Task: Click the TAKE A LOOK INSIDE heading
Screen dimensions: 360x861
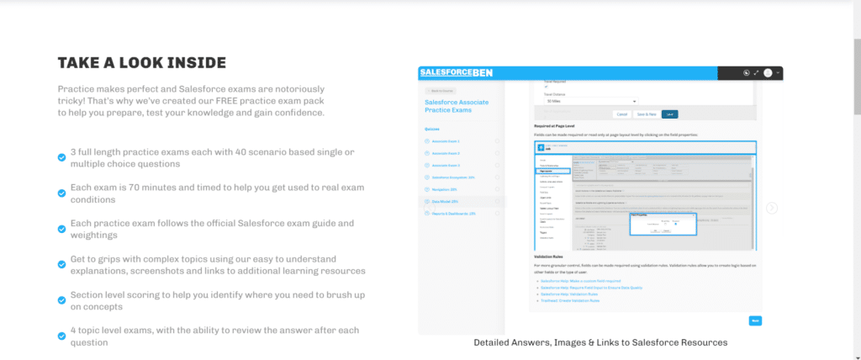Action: click(x=141, y=63)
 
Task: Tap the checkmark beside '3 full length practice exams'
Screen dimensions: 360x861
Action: click(x=61, y=157)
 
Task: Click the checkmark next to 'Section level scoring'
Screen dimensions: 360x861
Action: click(x=61, y=300)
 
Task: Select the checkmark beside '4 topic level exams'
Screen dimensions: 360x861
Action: click(x=61, y=336)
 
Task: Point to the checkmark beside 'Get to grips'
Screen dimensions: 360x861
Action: click(x=61, y=264)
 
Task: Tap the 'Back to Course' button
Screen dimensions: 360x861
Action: click(x=443, y=90)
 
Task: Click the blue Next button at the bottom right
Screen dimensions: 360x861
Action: click(x=754, y=320)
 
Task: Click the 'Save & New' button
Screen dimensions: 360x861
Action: click(x=647, y=114)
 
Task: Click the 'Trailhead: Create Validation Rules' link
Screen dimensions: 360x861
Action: click(x=571, y=300)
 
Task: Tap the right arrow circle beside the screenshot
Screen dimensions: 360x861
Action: click(x=772, y=209)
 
